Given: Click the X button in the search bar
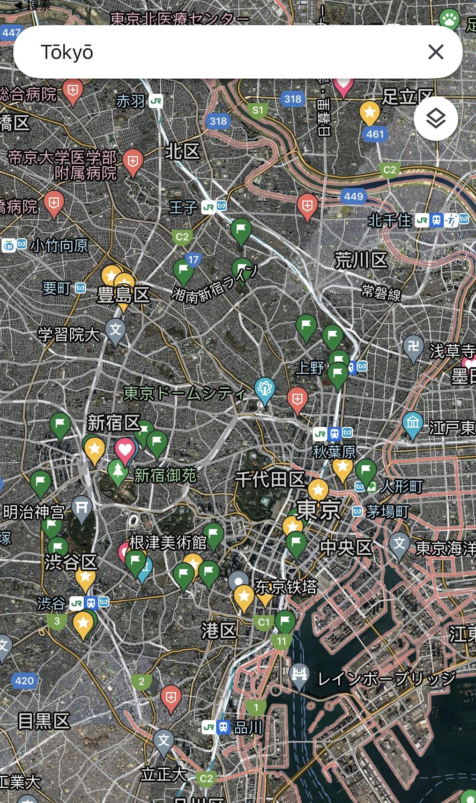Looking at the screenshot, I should pyautogui.click(x=436, y=52).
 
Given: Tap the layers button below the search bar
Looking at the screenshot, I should pyautogui.click(x=436, y=119).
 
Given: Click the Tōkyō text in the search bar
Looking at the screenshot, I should pyautogui.click(x=67, y=52).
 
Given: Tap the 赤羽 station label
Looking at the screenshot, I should pyautogui.click(x=131, y=101).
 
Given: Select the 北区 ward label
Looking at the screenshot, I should pyautogui.click(x=182, y=151).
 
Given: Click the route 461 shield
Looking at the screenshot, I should pyautogui.click(x=375, y=134).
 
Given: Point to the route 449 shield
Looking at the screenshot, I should pyautogui.click(x=353, y=196).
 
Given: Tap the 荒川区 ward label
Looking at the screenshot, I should pyautogui.click(x=361, y=260).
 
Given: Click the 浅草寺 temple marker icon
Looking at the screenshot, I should pyautogui.click(x=413, y=348).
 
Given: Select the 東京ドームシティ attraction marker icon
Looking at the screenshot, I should pyautogui.click(x=265, y=389).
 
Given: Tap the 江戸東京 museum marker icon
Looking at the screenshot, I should pyautogui.click(x=413, y=424).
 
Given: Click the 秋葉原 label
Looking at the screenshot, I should pyautogui.click(x=335, y=452).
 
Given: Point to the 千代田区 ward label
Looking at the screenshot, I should pyautogui.click(x=270, y=480).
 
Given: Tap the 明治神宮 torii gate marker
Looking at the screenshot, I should pyautogui.click(x=82, y=508).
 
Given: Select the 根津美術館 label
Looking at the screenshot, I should pyautogui.click(x=168, y=543).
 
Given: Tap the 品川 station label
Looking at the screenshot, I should pyautogui.click(x=248, y=728).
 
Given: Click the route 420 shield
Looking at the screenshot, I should pyautogui.click(x=24, y=681).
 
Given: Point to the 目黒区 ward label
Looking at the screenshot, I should pyautogui.click(x=44, y=721).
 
